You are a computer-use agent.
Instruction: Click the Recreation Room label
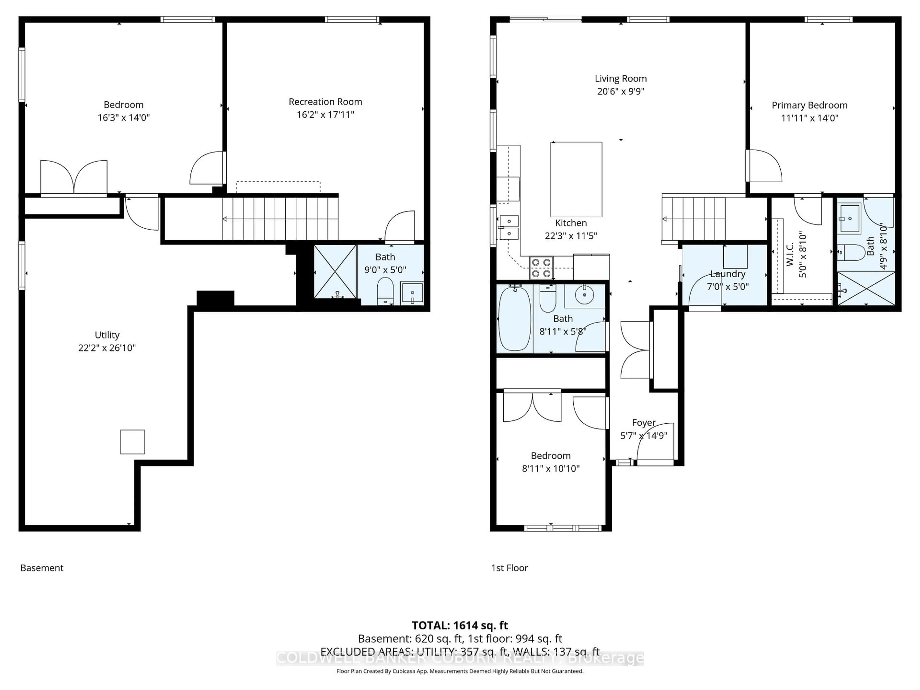pos(325,102)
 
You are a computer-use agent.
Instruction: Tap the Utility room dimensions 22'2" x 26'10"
pos(107,348)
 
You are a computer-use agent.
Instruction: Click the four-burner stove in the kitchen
pos(541,268)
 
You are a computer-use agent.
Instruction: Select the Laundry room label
pos(727,274)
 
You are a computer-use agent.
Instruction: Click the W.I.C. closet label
pos(790,254)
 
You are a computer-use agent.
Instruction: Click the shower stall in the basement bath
pos(335,272)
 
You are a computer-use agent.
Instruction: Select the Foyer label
pos(644,423)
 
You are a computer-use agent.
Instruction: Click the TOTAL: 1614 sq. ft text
pos(460,625)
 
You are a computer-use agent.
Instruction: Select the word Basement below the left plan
pos(42,568)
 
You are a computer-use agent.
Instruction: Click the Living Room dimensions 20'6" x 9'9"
pos(621,91)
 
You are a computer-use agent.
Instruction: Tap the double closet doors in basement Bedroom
pos(74,177)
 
